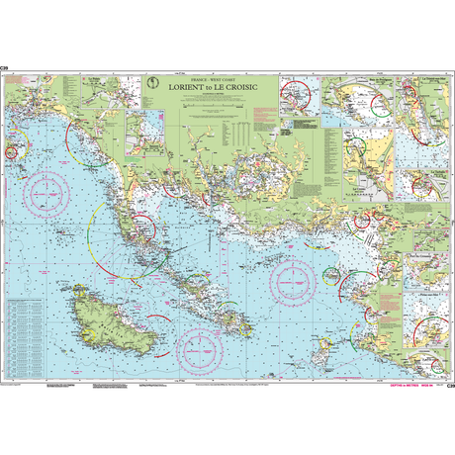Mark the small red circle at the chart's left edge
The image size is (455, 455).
tap(12, 153)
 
